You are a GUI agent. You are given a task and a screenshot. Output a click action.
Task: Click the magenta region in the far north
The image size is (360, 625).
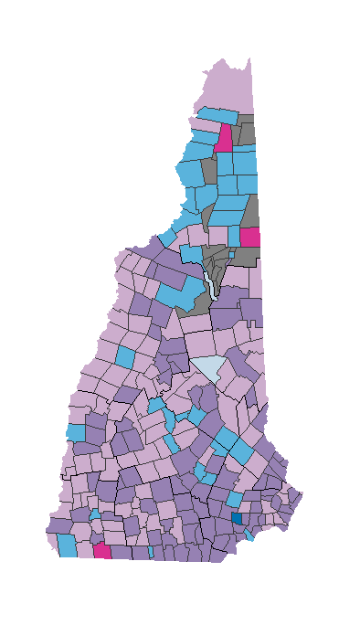[224, 137]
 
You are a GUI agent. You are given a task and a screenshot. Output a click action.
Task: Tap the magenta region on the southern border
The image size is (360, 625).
[101, 551]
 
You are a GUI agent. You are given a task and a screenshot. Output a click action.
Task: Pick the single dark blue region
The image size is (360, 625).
[237, 518]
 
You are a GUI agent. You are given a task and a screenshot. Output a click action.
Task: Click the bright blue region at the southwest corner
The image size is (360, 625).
[66, 545]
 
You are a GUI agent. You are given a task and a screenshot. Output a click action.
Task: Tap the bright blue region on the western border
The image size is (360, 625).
[75, 431]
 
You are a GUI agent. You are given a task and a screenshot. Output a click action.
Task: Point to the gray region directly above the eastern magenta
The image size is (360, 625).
[252, 215]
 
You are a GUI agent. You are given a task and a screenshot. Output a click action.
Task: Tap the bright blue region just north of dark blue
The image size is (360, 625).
[234, 500]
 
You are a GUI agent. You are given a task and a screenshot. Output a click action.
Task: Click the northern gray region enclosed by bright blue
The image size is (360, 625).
[208, 168]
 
